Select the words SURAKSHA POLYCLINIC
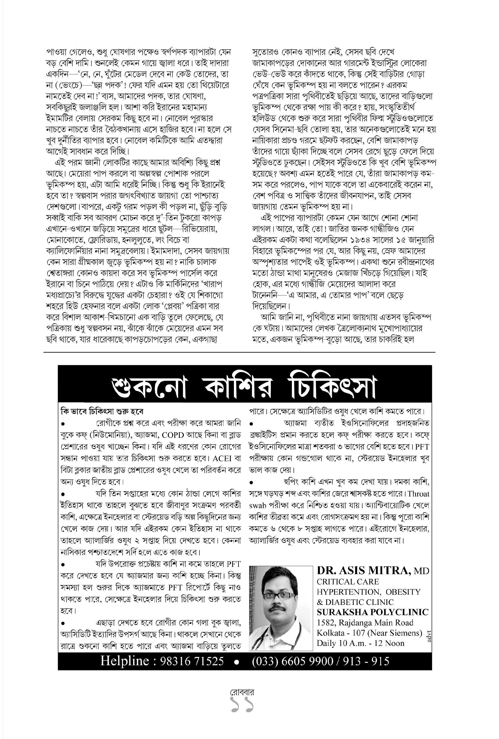coord(372,612)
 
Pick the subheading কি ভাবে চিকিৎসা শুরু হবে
coord(102,411)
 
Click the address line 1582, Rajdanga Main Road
coord(365,622)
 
